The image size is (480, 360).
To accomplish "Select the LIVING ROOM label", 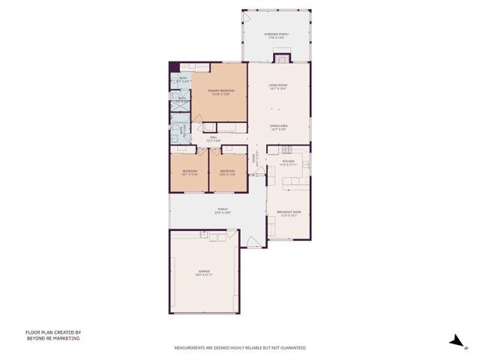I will click(x=278, y=86).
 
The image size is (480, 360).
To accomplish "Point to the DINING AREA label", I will click(x=278, y=125).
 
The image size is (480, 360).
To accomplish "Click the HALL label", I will click(x=213, y=137).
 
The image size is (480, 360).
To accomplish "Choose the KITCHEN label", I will click(x=289, y=161).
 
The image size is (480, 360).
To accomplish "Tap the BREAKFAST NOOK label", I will click(x=289, y=212).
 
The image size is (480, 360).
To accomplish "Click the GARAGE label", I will click(x=204, y=271).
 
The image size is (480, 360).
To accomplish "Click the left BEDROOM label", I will click(x=189, y=171).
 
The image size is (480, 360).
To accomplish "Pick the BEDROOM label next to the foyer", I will click(x=227, y=171).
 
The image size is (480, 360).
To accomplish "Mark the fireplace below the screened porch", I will click(x=280, y=56).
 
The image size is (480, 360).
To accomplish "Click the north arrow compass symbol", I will click(x=454, y=341).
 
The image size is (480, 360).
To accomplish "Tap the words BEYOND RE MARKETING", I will click(x=52, y=338).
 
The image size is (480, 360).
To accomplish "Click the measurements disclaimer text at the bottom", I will click(x=240, y=348).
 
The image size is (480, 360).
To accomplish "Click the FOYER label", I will click(x=254, y=159).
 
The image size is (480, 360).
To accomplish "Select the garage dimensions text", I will click(x=204, y=275).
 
